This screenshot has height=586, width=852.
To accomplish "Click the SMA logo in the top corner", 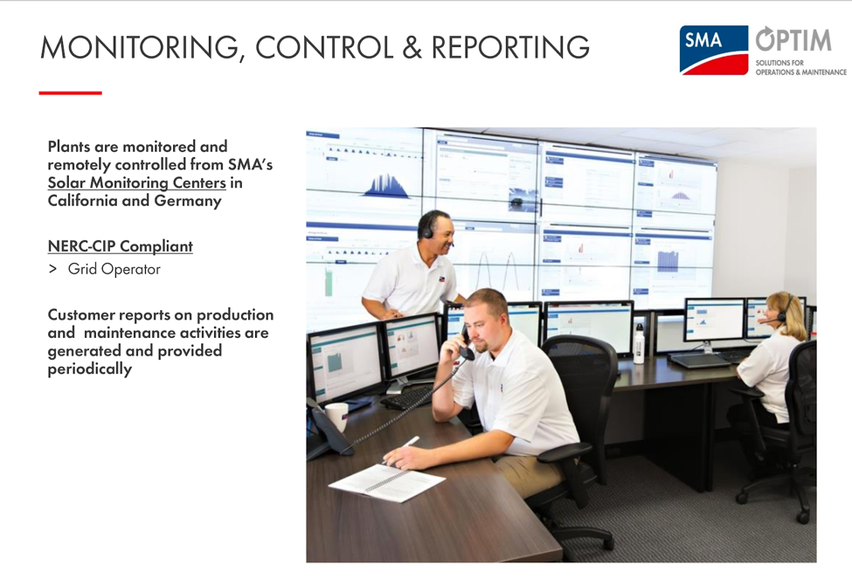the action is click(x=713, y=50).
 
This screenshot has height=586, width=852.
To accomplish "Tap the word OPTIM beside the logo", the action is click(x=793, y=39).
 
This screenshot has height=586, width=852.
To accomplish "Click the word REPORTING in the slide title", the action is click(x=510, y=47).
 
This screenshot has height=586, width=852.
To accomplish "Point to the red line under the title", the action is click(x=70, y=93).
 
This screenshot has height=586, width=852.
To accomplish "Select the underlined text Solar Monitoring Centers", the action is click(x=137, y=183).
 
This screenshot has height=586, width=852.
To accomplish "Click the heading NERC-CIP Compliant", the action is click(x=120, y=246).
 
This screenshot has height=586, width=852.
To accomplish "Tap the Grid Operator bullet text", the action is click(x=114, y=269).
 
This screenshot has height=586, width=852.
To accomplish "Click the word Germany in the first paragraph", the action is click(x=188, y=202).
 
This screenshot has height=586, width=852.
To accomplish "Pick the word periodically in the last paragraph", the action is click(x=90, y=369).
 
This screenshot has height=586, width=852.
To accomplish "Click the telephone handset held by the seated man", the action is click(x=467, y=346).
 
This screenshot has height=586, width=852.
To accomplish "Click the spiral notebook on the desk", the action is click(x=386, y=482).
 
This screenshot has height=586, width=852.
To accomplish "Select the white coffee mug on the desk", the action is click(x=337, y=416).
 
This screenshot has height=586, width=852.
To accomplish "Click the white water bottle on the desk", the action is click(x=639, y=344).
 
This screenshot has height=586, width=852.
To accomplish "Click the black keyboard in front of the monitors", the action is click(x=406, y=399).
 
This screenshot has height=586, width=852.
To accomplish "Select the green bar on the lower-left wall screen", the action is click(x=329, y=282).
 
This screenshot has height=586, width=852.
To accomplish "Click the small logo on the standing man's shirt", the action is click(x=442, y=279).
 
